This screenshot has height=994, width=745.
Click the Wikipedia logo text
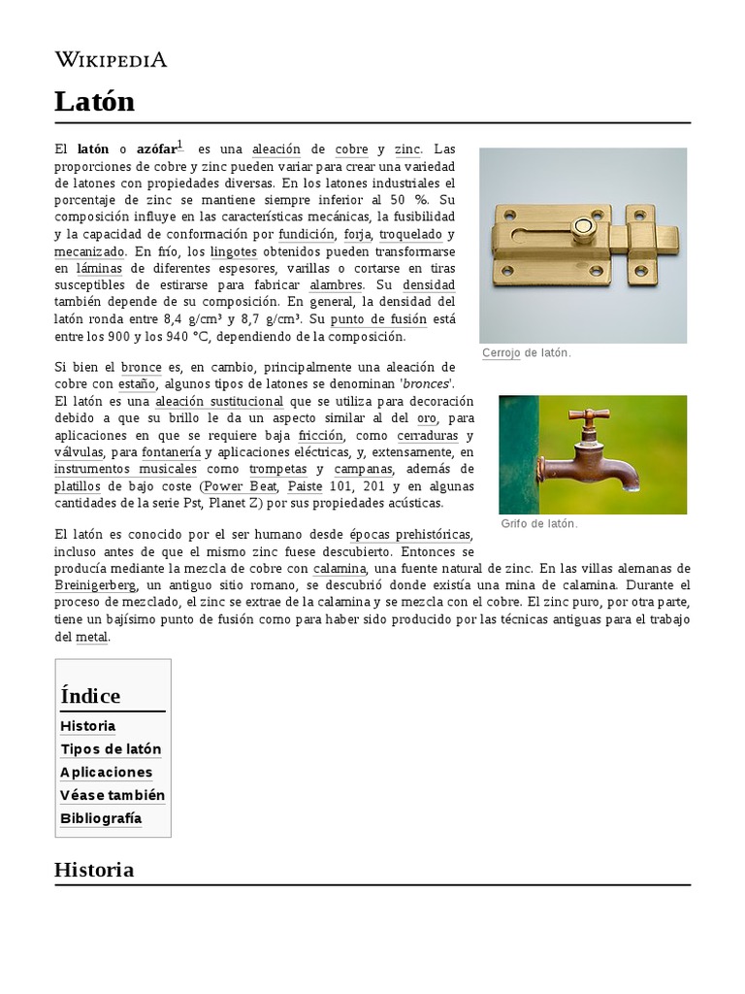tap(111, 60)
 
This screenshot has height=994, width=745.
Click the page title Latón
tap(95, 102)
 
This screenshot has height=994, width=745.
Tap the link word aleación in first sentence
tap(276, 150)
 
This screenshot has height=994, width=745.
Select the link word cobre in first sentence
tap(351, 150)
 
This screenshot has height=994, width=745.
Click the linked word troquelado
tap(410, 235)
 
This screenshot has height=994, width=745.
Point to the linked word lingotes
tap(233, 251)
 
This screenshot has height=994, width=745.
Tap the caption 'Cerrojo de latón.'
tap(527, 353)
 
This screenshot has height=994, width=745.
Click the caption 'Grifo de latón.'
tap(539, 524)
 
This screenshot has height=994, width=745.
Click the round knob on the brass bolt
tap(584, 227)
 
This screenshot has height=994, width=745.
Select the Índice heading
tap(90, 696)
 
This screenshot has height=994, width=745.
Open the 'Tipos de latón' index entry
tap(111, 749)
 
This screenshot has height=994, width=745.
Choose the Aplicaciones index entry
tap(107, 773)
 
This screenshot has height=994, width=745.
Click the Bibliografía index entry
tap(101, 818)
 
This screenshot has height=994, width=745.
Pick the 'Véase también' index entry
tap(113, 795)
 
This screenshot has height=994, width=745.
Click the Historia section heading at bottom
tap(94, 870)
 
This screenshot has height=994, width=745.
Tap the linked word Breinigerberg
tap(95, 586)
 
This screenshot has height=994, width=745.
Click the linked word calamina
tap(340, 569)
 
